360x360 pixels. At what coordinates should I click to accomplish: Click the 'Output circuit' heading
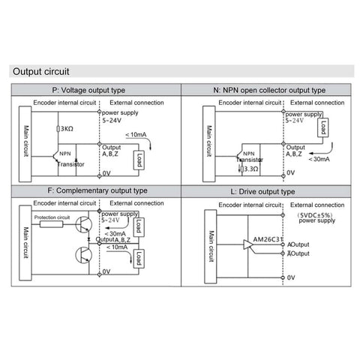[42, 72]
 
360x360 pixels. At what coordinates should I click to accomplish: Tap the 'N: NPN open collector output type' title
[269, 90]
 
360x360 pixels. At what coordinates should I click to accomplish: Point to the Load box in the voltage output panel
[139, 159]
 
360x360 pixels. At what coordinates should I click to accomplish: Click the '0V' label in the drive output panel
[292, 277]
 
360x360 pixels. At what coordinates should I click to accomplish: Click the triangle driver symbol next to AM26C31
[249, 244]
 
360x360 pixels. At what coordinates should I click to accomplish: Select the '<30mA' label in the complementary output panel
[116, 232]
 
